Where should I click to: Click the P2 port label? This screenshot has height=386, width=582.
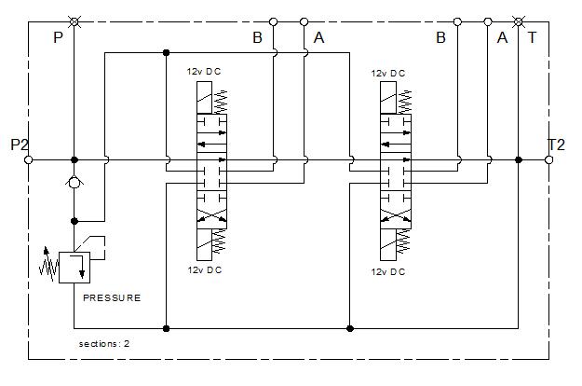pos(20,145)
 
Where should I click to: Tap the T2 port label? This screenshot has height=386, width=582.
pos(556,145)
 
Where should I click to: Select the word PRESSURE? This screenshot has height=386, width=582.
pos(112,298)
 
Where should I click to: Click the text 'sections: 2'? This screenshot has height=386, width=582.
pos(104,344)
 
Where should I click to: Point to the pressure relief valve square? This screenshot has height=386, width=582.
pos(74,268)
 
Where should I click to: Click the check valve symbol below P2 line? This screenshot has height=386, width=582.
pos(74,183)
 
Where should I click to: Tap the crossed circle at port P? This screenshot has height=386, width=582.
pos(74,22)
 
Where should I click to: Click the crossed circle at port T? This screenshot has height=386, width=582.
pos(518,22)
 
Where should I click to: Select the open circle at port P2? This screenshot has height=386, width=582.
pos(29,160)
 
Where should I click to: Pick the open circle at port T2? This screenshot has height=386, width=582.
pos(549,160)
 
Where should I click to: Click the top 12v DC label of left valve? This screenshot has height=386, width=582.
pos(204,72)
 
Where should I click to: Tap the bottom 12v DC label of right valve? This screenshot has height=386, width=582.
pos(388,272)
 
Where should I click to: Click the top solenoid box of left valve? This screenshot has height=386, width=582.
pos(204,98)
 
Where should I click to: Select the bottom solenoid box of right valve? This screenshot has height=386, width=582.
pos(388,245)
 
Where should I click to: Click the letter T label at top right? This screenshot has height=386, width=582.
pos(532,37)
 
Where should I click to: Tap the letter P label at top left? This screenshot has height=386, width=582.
pos(58,37)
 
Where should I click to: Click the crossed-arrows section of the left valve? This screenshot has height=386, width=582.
pos(211,215)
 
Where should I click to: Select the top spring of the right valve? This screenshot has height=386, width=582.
pos(404,102)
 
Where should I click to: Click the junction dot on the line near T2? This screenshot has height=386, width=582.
pos(519,160)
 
